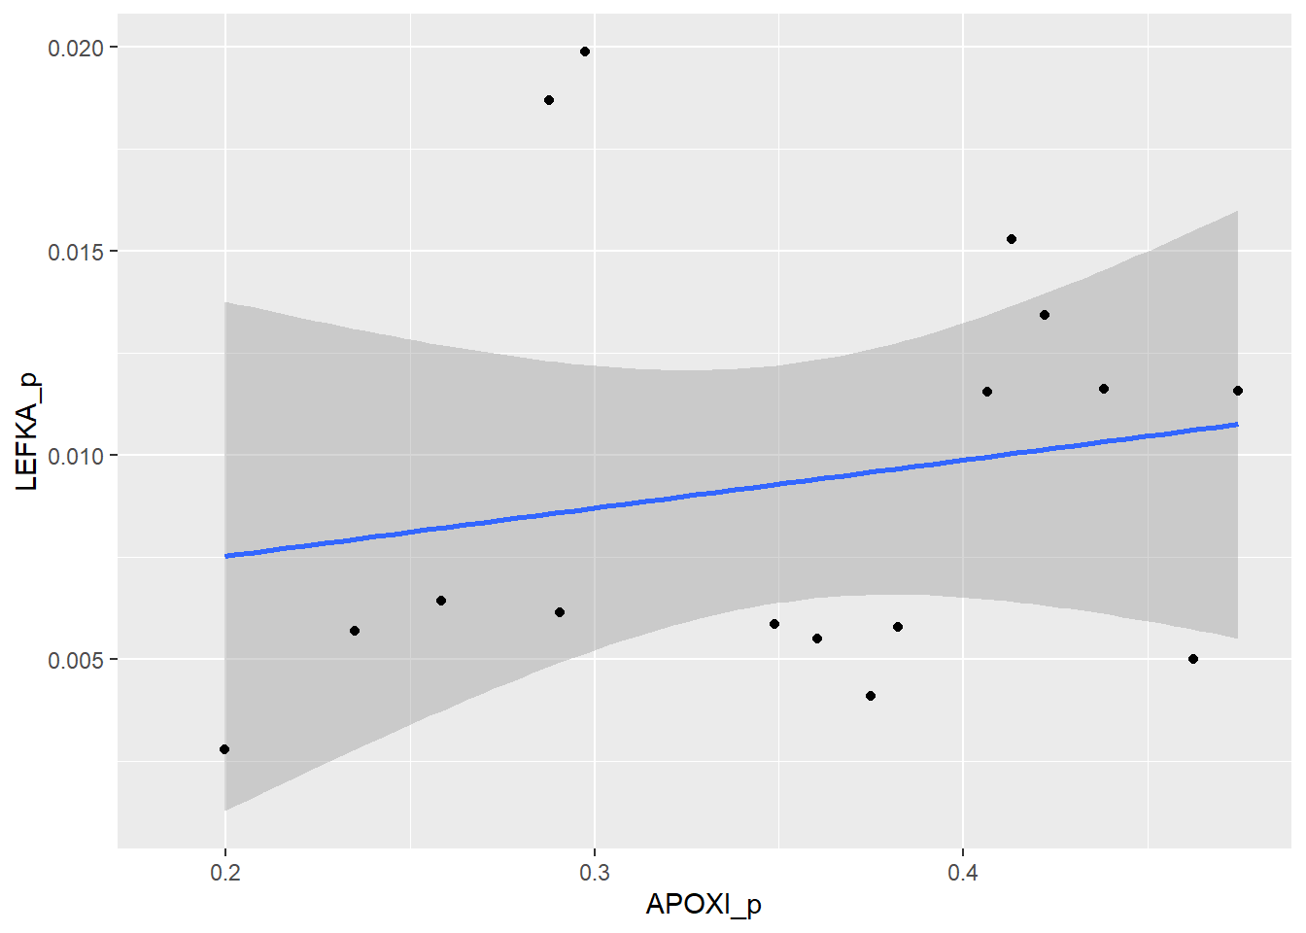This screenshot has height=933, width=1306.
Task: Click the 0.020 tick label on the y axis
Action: tap(76, 48)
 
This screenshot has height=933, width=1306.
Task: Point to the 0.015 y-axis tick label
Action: tap(76, 252)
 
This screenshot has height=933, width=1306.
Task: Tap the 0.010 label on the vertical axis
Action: tap(76, 456)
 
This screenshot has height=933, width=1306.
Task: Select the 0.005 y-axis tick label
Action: tap(76, 660)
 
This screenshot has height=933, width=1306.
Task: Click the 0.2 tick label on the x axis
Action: tap(225, 872)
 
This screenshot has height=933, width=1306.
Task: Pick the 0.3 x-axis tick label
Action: tap(595, 872)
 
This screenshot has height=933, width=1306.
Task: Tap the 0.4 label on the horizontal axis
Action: tap(963, 872)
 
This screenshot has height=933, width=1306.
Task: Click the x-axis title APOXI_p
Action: tap(704, 905)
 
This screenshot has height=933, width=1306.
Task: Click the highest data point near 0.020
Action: tap(585, 52)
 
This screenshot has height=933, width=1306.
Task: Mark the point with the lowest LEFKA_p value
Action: tap(224, 749)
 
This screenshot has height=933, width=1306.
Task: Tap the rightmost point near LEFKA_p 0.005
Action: tap(1193, 659)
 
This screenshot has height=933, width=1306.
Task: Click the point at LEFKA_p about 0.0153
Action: tap(1012, 239)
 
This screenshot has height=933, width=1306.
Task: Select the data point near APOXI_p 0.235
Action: tap(355, 631)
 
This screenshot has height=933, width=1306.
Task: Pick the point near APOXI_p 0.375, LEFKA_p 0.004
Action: tap(871, 696)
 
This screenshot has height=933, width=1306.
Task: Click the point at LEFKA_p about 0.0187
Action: tap(549, 100)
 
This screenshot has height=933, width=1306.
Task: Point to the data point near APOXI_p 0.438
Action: tap(1104, 389)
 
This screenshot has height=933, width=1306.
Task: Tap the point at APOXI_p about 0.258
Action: tap(441, 601)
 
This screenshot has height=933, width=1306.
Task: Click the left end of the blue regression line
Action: tap(226, 556)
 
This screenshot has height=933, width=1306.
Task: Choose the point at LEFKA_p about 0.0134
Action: tap(1045, 315)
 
